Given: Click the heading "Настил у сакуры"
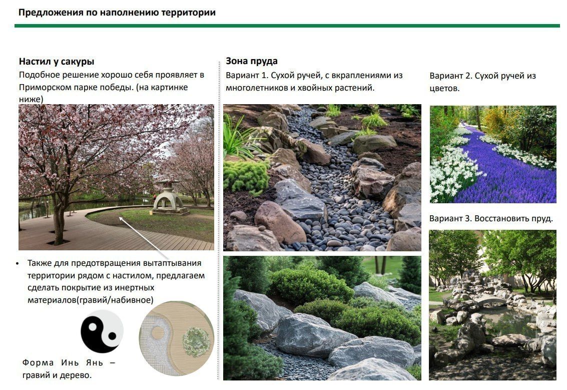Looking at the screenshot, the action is pyautogui.click(x=57, y=62).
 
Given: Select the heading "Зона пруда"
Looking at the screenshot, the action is pyautogui.click(x=252, y=61).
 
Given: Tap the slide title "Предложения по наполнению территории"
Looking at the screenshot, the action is pyautogui.click(x=117, y=13).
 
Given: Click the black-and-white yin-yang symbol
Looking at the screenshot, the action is pyautogui.click(x=102, y=331).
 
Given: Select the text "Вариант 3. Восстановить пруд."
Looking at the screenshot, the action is pyautogui.click(x=491, y=218).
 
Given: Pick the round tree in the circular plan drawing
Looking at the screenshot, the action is pyautogui.click(x=196, y=342).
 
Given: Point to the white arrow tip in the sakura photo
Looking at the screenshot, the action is pyautogui.click(x=120, y=218).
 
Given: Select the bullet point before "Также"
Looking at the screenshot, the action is pyautogui.click(x=18, y=264).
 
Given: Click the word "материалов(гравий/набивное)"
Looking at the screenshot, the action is pyautogui.click(x=91, y=300).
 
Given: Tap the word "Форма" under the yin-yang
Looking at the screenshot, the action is pyautogui.click(x=38, y=362).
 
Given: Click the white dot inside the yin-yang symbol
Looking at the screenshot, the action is pyautogui.click(x=93, y=327).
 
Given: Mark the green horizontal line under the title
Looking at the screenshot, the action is pyautogui.click(x=287, y=26).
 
